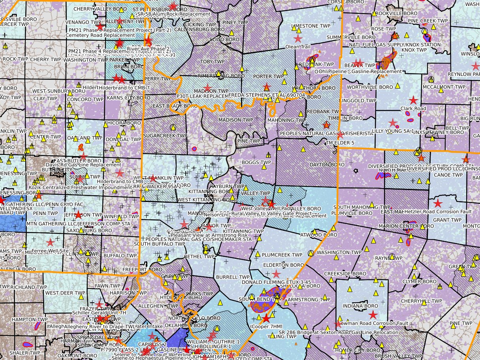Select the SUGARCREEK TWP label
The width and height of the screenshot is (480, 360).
[x=165, y=136]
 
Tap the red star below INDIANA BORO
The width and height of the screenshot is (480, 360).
[x=373, y=315]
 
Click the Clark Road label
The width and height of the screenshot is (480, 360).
[x=413, y=108]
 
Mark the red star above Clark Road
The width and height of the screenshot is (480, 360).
[x=413, y=100]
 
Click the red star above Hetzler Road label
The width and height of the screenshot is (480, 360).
[x=437, y=203]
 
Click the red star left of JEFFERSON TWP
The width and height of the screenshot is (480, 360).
[x=78, y=215]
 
